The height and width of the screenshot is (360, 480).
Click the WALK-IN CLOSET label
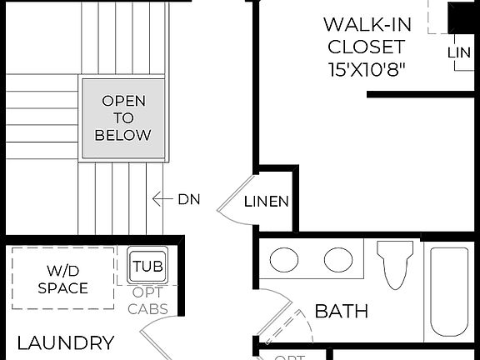[x=366, y=35]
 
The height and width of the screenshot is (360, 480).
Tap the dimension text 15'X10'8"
[x=366, y=69]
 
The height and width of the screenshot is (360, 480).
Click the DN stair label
[x=189, y=199]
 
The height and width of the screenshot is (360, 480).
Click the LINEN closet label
[x=267, y=202]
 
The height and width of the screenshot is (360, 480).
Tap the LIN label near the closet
[x=459, y=52]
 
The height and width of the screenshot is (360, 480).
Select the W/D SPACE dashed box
[x=62, y=278]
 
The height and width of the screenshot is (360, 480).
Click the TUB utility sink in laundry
[x=148, y=267]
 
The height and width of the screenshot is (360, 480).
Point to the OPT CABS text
[x=148, y=301]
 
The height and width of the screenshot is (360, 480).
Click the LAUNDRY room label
[x=66, y=342]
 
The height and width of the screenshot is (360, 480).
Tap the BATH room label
[x=342, y=312]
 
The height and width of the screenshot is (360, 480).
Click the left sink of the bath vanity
[x=285, y=261]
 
